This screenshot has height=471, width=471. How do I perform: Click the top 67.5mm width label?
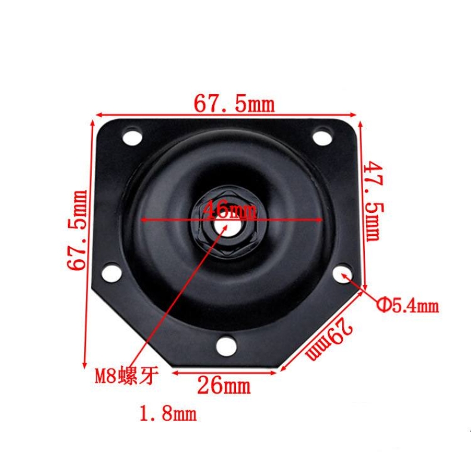coord(234,104)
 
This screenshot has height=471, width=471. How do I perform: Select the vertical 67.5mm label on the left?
coord(77,230)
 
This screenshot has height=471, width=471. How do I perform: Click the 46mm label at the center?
coord(230,209)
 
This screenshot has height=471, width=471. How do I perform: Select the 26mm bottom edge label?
coord(224,386)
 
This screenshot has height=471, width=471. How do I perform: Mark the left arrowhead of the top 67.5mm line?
coord(99,114)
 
